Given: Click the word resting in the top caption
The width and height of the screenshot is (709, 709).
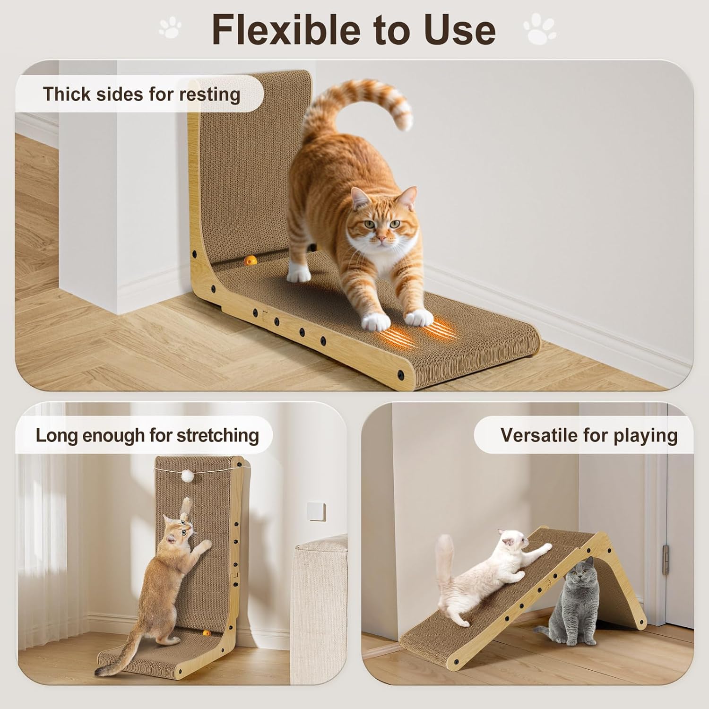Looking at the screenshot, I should (x=209, y=94).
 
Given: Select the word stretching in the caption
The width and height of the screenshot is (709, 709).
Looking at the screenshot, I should (x=217, y=435).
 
